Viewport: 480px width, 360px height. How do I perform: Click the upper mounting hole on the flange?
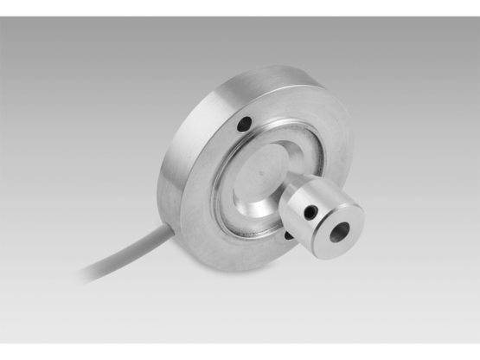click(246, 125)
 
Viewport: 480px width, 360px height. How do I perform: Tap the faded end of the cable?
click(86, 274)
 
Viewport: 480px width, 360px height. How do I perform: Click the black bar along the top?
click(240, 7)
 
